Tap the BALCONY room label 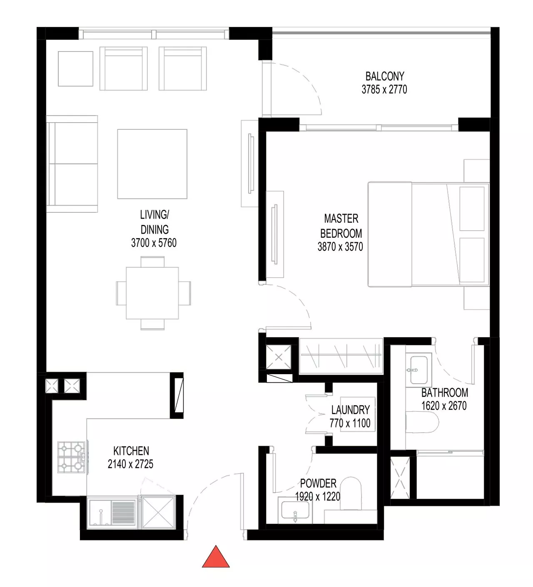(385, 76)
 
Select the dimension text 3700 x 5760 (154, 243)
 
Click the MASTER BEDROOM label (341, 226)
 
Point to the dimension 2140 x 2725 (130, 464)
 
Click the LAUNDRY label (350, 410)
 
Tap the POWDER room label (318, 483)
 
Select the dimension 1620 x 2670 (444, 406)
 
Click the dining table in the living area (152, 293)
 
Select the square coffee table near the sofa (152, 164)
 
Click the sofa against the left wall (72, 164)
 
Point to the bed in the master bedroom (428, 234)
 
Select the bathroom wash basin (418, 370)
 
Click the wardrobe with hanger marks (341, 356)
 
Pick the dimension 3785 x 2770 (384, 89)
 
